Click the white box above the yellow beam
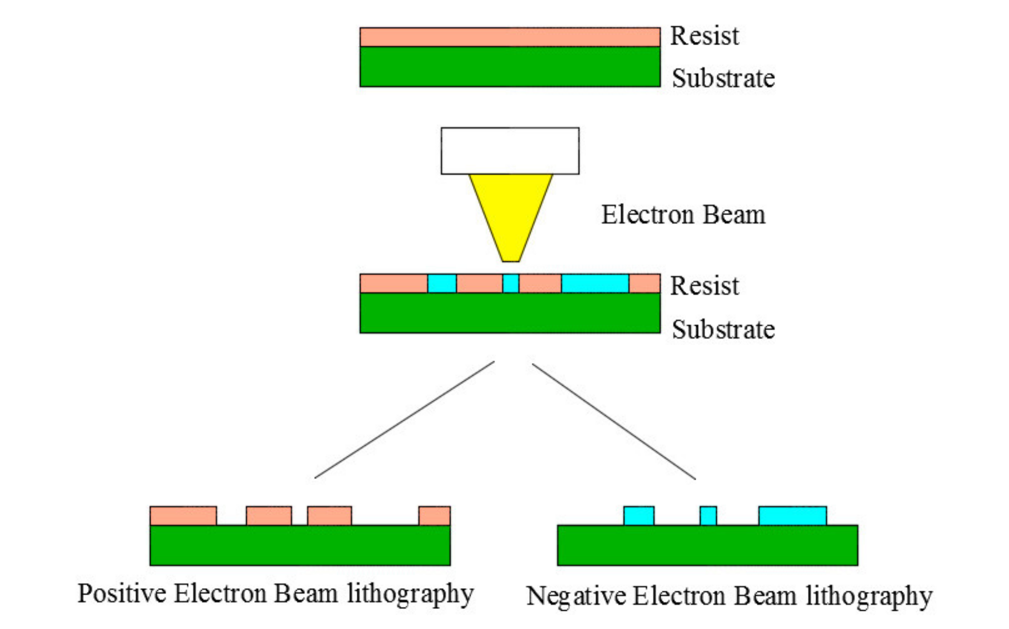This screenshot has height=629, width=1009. [x=510, y=151]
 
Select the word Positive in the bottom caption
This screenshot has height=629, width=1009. [x=122, y=594]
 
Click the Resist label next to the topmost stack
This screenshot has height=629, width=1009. [x=705, y=36]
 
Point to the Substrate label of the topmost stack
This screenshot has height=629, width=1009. [x=723, y=78]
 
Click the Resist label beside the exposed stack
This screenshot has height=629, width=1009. [x=705, y=286]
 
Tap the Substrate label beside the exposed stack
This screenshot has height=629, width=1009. [x=723, y=329]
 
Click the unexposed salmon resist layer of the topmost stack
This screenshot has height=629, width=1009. [x=510, y=37]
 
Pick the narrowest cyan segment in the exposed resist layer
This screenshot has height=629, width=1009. [x=510, y=284]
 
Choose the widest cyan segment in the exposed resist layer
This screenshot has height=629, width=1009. [x=595, y=284]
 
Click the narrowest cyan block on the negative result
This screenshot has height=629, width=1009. [x=708, y=516]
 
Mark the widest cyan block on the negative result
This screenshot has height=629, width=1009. [x=793, y=516]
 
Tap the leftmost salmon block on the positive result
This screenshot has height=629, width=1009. [x=183, y=516]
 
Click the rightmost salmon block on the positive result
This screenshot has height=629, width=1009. [x=434, y=516]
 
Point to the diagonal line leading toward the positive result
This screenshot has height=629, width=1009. [x=404, y=420]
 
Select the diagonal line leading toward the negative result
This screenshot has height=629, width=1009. [x=614, y=421]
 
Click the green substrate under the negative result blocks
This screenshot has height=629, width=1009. [x=707, y=546]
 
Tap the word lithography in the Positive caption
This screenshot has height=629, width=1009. [x=410, y=594]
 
